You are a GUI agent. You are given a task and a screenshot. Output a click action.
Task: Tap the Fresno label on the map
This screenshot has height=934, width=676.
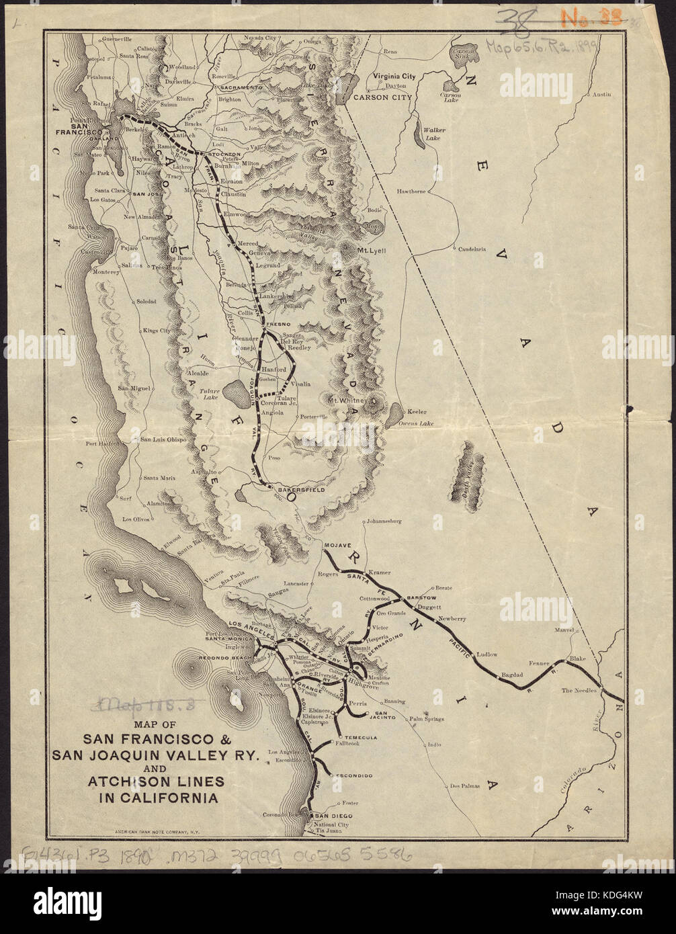point(277,325)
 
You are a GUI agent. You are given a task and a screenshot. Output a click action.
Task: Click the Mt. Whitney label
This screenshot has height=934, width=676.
point(347,401)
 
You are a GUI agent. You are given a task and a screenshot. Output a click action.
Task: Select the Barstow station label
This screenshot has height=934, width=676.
point(422,597)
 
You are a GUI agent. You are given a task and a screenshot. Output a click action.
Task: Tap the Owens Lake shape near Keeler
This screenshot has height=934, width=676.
point(396,413)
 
